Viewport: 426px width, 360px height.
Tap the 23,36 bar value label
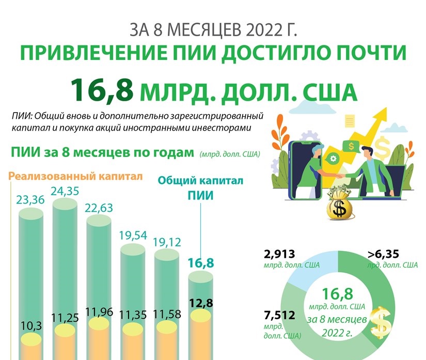click(31, 198)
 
